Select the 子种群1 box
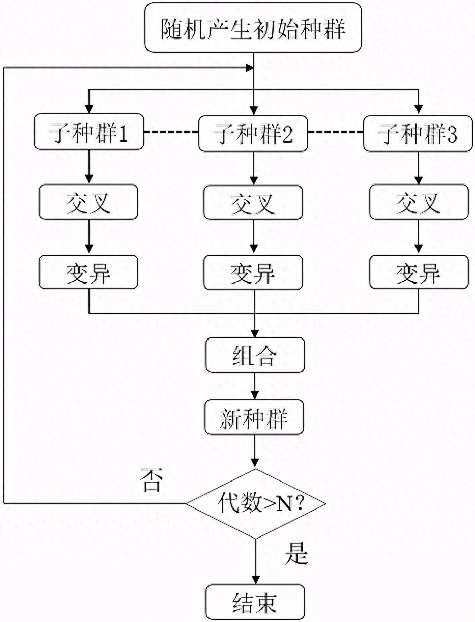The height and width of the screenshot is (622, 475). point(89,133)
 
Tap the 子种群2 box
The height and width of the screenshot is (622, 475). point(254,133)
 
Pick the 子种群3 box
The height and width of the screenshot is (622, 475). point(418,133)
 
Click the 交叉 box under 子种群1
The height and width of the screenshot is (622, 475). point(89,203)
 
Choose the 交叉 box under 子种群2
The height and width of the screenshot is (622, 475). point(254,203)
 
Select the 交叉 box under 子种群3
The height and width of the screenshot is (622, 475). point(418,203)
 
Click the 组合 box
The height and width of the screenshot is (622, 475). point(255,355)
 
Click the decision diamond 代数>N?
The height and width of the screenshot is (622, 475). point(255,503)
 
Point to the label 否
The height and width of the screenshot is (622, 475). point(151,482)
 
